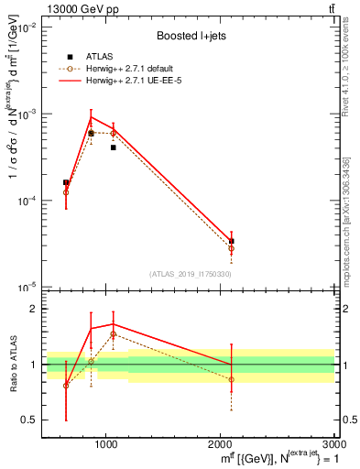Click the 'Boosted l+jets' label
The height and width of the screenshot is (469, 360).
[191, 35]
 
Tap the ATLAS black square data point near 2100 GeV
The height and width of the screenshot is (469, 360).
[231, 241]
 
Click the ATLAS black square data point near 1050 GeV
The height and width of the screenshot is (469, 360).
[113, 147]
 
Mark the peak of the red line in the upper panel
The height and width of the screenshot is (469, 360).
[91, 117]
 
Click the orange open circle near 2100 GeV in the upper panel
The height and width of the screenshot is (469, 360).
[231, 248]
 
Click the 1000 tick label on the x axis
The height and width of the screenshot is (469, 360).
[106, 442]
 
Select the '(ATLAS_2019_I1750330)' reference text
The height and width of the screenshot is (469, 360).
[191, 274]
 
